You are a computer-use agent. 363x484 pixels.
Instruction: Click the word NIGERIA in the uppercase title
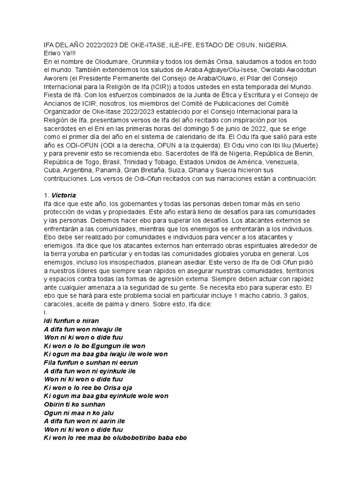point(273,45)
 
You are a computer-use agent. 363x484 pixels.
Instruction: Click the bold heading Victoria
point(63,195)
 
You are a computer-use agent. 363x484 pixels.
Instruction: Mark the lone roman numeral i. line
point(44,313)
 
